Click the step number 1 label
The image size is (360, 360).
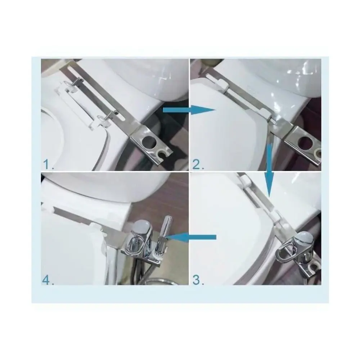point(48,165)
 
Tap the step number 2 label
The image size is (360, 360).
point(198,165)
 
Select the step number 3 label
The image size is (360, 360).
point(198,280)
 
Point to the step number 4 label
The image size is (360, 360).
point(48,280)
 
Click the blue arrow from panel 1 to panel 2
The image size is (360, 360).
point(189,110)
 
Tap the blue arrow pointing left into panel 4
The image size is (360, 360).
point(191,237)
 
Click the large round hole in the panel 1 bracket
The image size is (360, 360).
point(149,142)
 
